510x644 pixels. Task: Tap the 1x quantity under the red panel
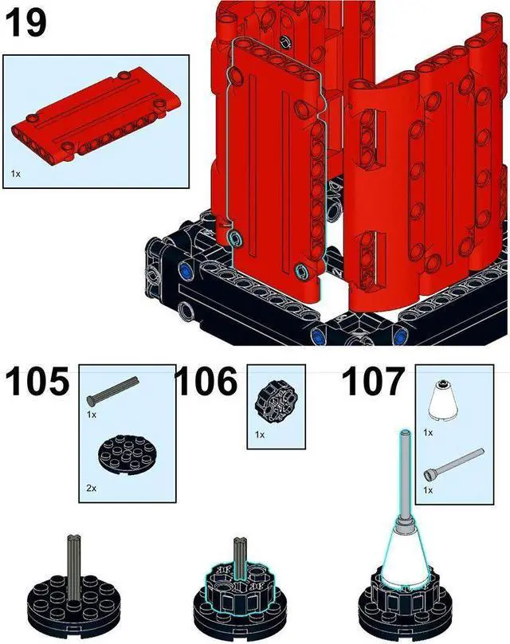(16, 172)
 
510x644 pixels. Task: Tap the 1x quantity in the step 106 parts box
(260, 435)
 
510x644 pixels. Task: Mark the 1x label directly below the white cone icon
(428, 432)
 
